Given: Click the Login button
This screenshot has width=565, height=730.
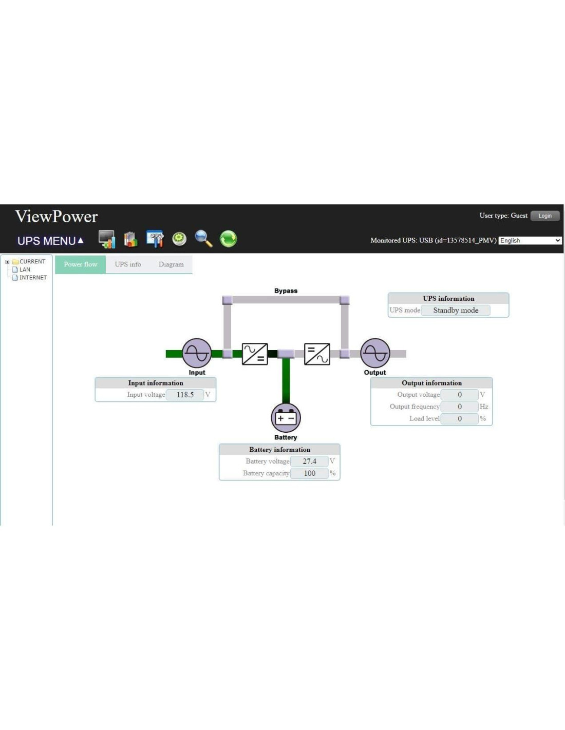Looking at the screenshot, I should coord(545,216).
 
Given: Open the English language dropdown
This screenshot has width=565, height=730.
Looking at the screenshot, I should coord(530,241).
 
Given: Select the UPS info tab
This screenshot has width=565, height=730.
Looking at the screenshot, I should coord(128,264).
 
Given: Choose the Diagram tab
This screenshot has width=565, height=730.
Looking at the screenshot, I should coord(171,264).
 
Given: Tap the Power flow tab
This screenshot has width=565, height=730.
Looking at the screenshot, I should coord(81,264).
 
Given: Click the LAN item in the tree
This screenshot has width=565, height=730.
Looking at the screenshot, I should coord(25,270).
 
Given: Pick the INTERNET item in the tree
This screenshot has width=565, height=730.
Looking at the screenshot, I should coord(33,278).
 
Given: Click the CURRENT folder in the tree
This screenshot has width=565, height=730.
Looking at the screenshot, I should coord(32,262).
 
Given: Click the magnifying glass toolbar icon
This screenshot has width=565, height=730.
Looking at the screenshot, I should coord(203,239).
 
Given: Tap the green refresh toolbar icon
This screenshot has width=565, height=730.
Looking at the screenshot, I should coord(228,239).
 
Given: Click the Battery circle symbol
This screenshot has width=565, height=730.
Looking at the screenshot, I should coord(286,418).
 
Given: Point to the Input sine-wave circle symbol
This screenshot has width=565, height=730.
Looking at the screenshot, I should coord(197,353).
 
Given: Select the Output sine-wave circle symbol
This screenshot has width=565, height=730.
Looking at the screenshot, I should coord(375,353).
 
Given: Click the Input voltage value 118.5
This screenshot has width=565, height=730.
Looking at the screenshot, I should coord(185,395).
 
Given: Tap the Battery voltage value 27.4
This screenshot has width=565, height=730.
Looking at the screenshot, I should coord(309,462).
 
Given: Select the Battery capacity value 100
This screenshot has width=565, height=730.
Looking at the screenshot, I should coord(309,473).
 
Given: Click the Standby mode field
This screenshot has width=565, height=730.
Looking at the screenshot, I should coord(455,311).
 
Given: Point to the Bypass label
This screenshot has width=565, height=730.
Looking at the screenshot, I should coord(286,291).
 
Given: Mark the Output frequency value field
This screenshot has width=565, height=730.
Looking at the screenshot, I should coord(459,407).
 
